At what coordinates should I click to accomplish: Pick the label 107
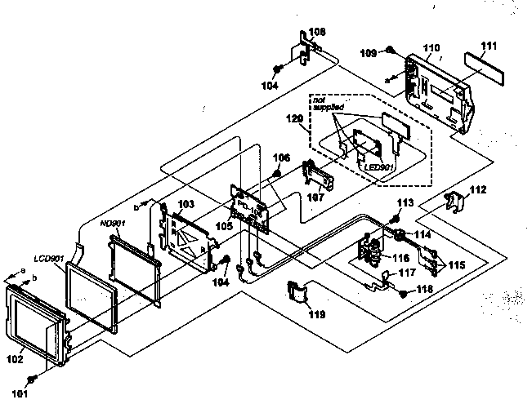pos(316,197)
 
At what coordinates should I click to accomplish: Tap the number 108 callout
pos(317,32)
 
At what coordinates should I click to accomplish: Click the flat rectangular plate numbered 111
pos(483,62)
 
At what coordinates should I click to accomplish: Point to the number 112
pos(478,190)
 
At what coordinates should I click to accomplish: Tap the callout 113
pos(405,203)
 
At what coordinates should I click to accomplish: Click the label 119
pos(315,313)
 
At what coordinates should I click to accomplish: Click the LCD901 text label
pos(49,259)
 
